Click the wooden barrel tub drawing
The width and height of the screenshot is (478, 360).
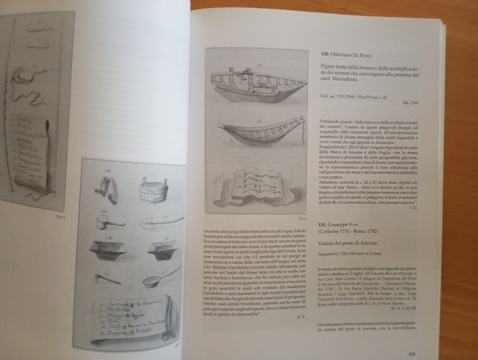152,188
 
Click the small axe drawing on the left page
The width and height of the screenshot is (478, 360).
107,278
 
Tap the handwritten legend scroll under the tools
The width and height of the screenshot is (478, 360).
131,318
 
